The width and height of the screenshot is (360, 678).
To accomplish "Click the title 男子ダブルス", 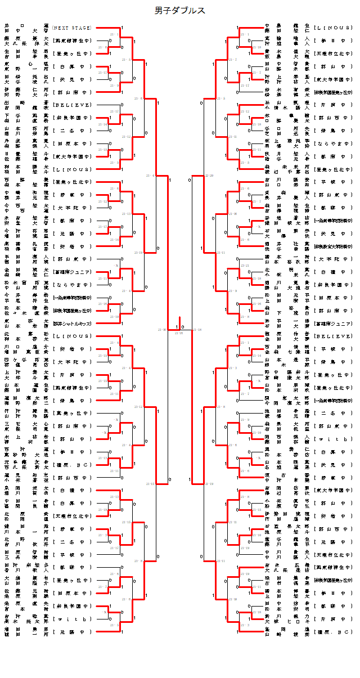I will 180,11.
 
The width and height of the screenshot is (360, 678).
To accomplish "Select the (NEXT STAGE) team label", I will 71,27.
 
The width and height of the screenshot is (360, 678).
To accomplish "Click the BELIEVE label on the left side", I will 71,105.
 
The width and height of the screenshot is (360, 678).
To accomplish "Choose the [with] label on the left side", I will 71,618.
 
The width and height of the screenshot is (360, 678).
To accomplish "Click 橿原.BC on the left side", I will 71,464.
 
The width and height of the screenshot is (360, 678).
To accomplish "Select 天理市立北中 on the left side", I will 71,515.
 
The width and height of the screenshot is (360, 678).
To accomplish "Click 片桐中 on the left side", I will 71,374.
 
